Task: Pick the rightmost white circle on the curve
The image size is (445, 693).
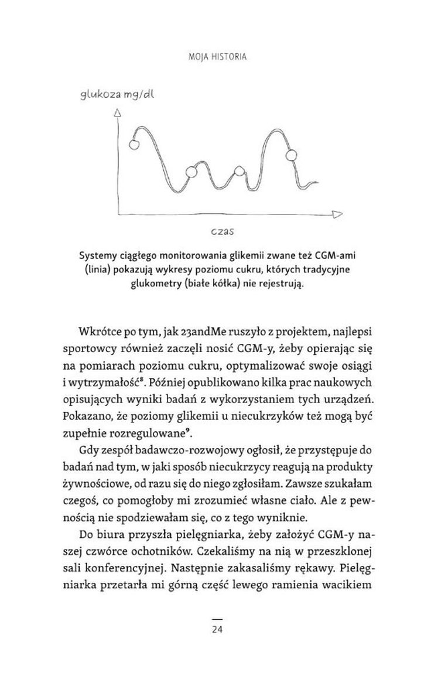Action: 290,155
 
